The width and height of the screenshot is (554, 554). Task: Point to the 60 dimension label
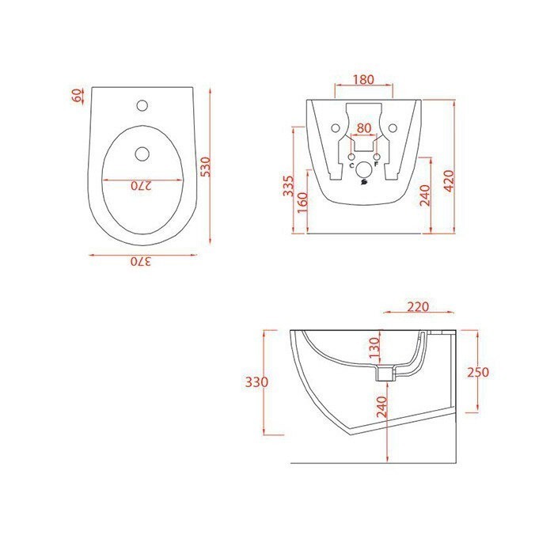(77, 97)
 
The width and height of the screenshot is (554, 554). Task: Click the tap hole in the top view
(142, 104)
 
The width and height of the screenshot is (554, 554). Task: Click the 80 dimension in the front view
(363, 128)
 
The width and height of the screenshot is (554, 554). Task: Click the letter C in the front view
(351, 165)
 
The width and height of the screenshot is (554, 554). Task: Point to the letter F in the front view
(376, 165)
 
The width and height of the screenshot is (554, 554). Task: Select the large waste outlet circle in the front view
(363, 170)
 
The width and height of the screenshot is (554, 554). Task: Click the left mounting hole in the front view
(335, 127)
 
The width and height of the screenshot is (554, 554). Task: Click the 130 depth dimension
(375, 345)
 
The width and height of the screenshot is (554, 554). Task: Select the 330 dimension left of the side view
(252, 381)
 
